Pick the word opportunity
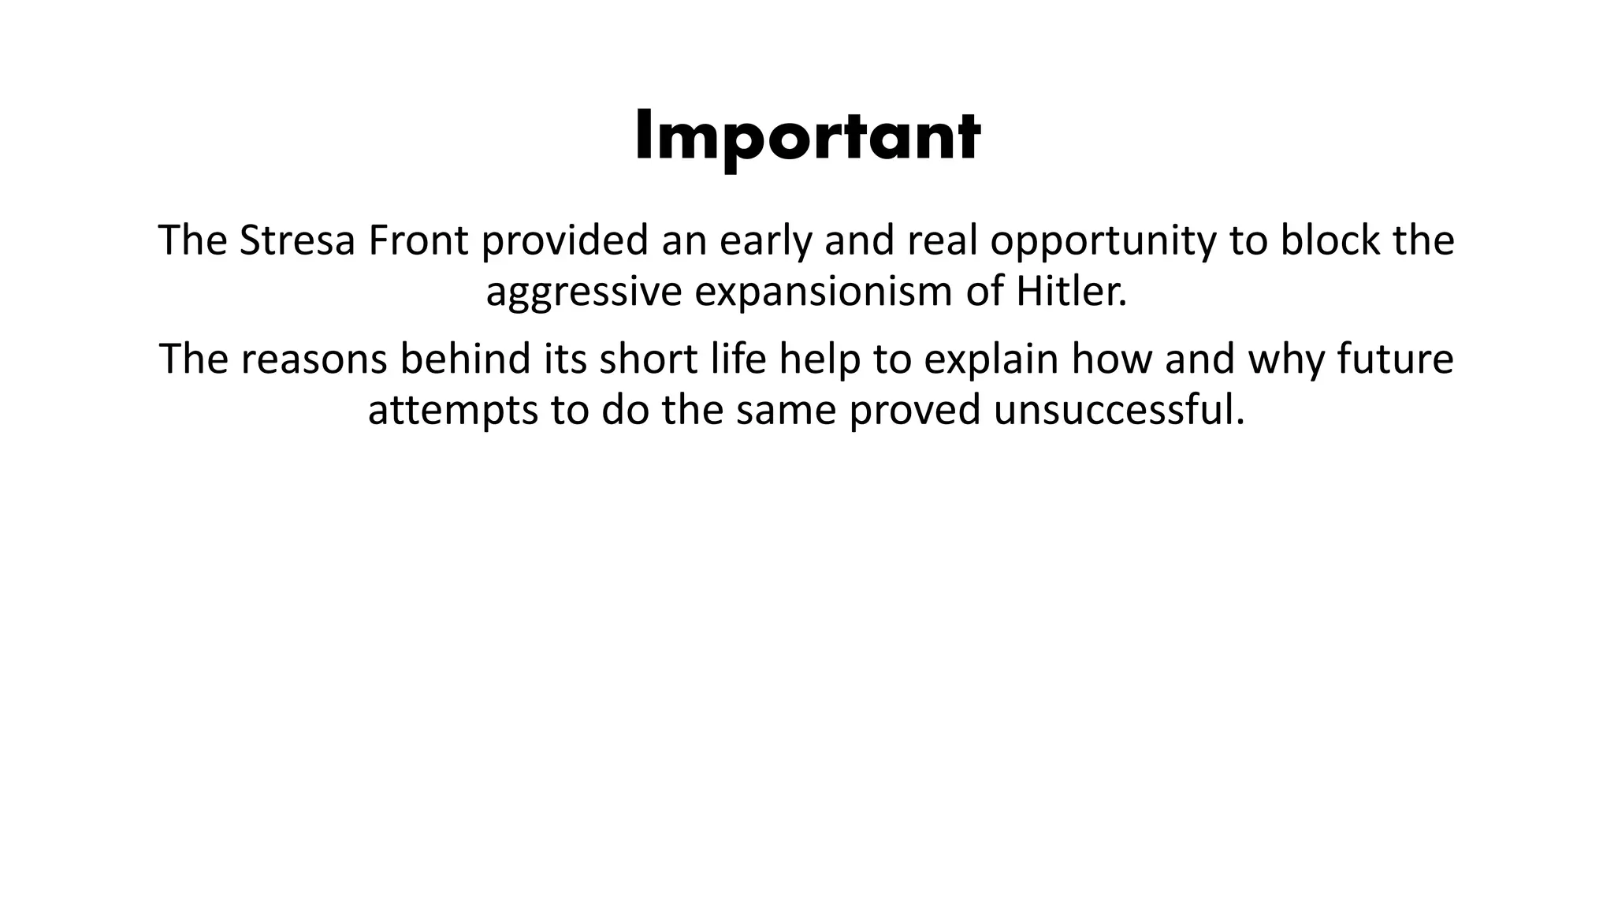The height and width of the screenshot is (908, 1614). click(x=1103, y=240)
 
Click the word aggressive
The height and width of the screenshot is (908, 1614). click(x=583, y=292)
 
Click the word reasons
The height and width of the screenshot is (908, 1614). click(x=314, y=359)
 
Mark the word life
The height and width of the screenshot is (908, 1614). click(x=733, y=359)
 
